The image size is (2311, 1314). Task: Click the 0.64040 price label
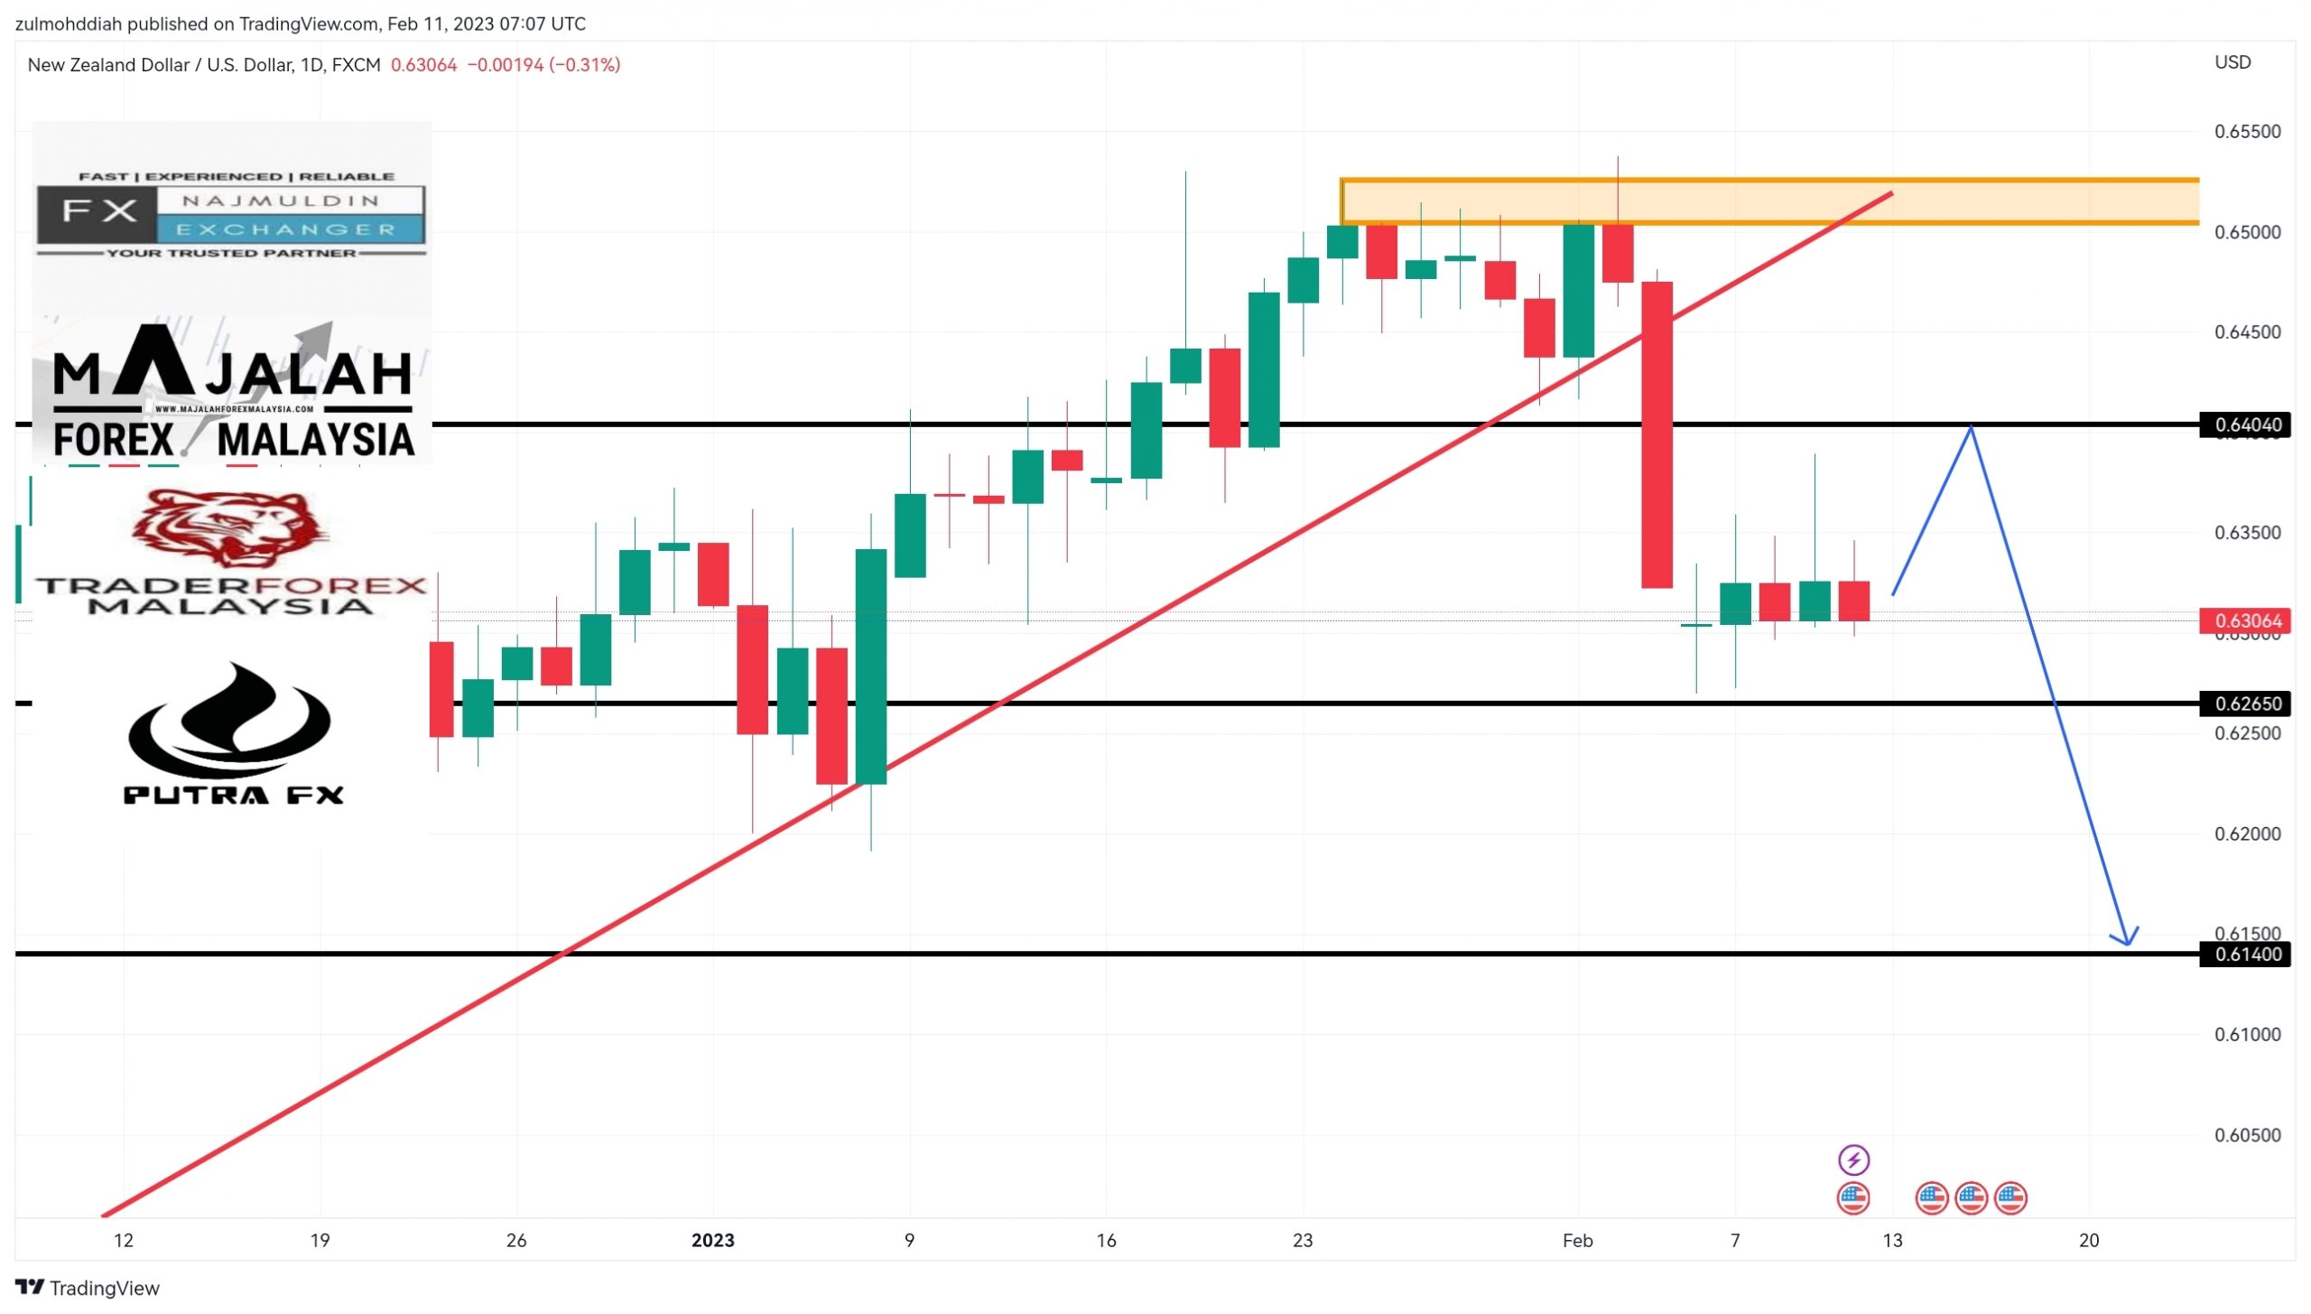tap(2247, 424)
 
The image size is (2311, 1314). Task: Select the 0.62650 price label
tap(2247, 704)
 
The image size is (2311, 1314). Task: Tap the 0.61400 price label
tap(2247, 955)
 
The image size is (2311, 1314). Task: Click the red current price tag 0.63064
tap(2247, 620)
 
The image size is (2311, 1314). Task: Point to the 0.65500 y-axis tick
tap(2247, 132)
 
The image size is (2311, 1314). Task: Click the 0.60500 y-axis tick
tap(2247, 1135)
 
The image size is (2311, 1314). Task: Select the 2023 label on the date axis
tap(712, 1241)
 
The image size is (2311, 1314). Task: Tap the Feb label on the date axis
tap(1577, 1241)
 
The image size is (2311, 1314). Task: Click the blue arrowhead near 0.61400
tap(2127, 939)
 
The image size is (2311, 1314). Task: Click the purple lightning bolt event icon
tap(1853, 1159)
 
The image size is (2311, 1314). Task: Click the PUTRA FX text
tap(233, 795)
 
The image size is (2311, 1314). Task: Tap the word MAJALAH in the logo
tap(233, 373)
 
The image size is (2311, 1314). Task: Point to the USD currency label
tap(2232, 62)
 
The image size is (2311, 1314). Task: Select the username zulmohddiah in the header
tap(68, 24)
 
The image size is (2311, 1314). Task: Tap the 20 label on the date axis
tap(2088, 1241)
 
